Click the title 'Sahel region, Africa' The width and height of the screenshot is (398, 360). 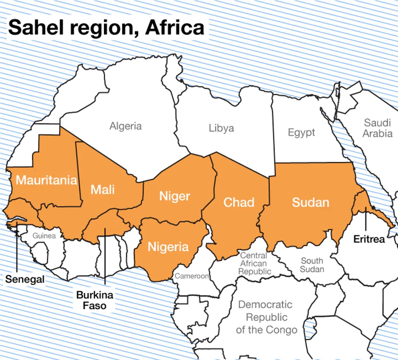pyautogui.click(x=106, y=27)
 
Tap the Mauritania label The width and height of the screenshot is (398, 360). pyautogui.click(x=46, y=180)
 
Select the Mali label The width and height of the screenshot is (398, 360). pyautogui.click(x=103, y=189)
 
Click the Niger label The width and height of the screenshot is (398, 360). pyautogui.click(x=175, y=196)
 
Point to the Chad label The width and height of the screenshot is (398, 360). pyautogui.click(x=239, y=202)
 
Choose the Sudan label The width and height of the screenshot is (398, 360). pyautogui.click(x=310, y=202)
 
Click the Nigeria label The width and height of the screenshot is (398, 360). pyautogui.click(x=168, y=247)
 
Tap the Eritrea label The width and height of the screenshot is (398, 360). pyautogui.click(x=369, y=239)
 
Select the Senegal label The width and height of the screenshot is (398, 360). pyautogui.click(x=25, y=279)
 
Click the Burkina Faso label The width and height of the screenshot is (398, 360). pyautogui.click(x=95, y=300)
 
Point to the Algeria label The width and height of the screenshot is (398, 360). pyautogui.click(x=125, y=126)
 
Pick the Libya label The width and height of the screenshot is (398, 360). pyautogui.click(x=221, y=128)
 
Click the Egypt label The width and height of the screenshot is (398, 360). pyautogui.click(x=301, y=133)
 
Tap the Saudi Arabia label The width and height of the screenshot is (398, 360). pyautogui.click(x=377, y=128)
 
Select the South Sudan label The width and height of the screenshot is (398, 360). pyautogui.click(x=312, y=265)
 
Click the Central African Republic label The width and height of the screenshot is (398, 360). pyautogui.click(x=255, y=263)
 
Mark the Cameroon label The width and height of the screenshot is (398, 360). pyautogui.click(x=192, y=276)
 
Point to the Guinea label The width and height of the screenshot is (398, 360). pyautogui.click(x=44, y=236)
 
